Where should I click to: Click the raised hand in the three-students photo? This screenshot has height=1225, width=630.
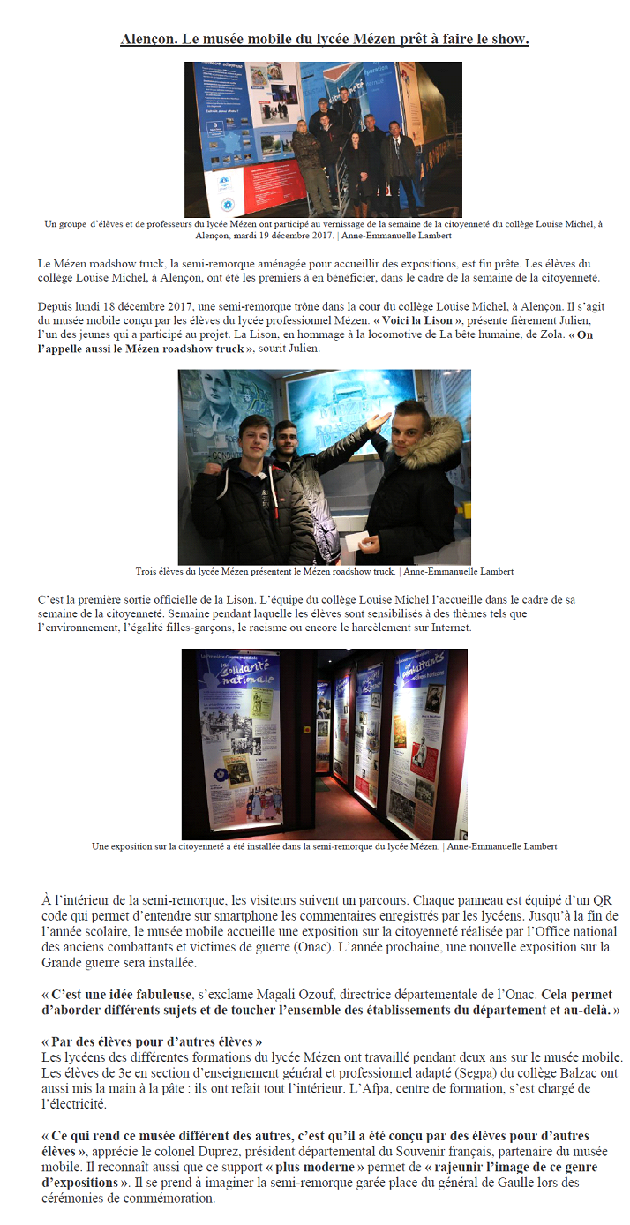pos(379,418)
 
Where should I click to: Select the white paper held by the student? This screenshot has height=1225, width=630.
pos(358,533)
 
